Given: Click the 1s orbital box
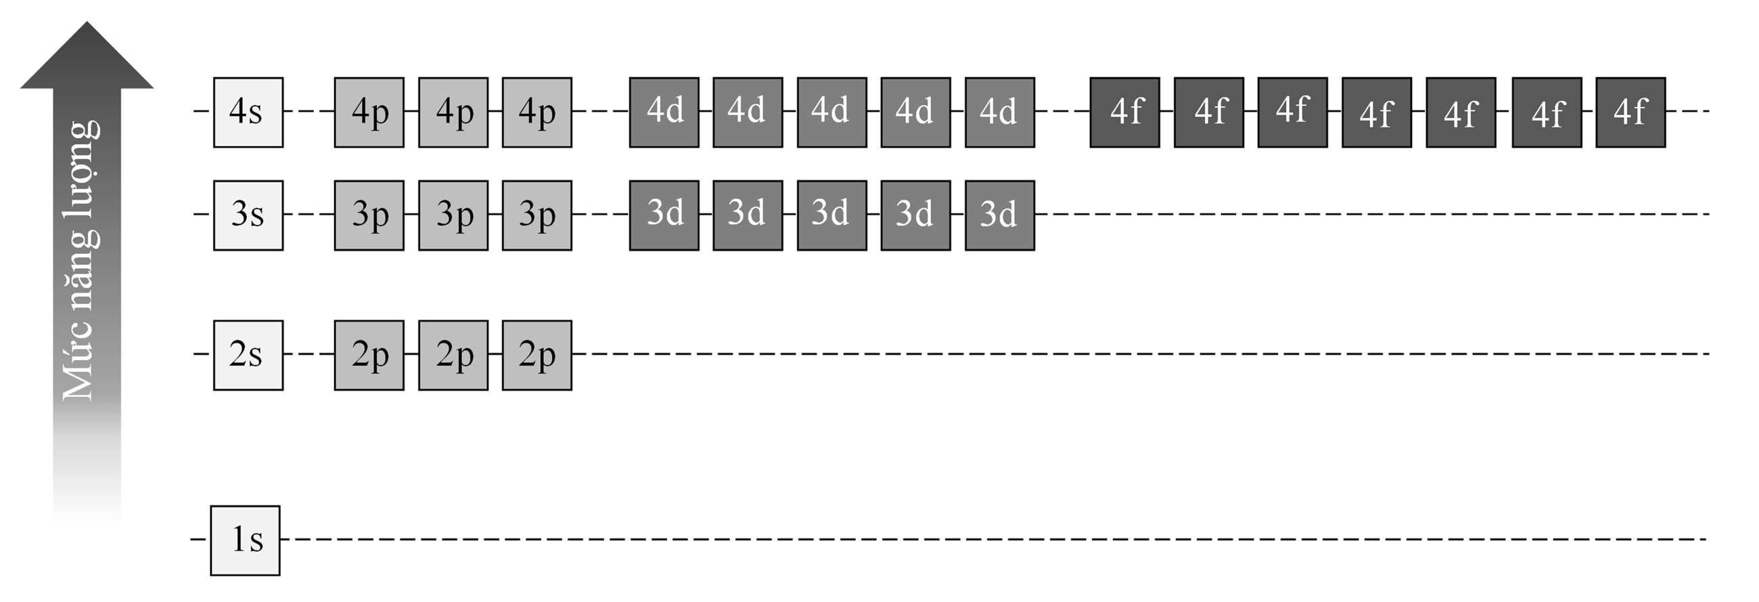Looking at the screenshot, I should click(245, 540).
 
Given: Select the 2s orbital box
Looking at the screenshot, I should click(248, 356).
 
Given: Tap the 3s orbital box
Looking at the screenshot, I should click(248, 215).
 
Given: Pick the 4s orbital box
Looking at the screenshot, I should click(248, 112).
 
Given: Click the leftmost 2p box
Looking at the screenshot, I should click(369, 356).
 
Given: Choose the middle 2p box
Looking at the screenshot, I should click(453, 356).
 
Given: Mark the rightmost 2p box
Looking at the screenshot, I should click(536, 356).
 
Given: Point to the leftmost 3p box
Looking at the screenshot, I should click(369, 215).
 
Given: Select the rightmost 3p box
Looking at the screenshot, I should click(536, 215).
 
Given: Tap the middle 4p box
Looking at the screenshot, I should click(453, 112).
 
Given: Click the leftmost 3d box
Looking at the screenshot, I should click(664, 215).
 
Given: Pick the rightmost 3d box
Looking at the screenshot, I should click(1000, 215).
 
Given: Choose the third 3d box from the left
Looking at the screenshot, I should click(831, 215).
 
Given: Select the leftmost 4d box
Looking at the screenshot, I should click(664, 112).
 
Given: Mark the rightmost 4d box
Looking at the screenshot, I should click(1000, 112).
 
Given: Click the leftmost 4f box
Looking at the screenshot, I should click(1124, 112).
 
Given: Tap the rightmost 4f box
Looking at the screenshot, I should click(1630, 112).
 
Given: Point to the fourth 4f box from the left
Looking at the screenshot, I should click(1377, 112).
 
